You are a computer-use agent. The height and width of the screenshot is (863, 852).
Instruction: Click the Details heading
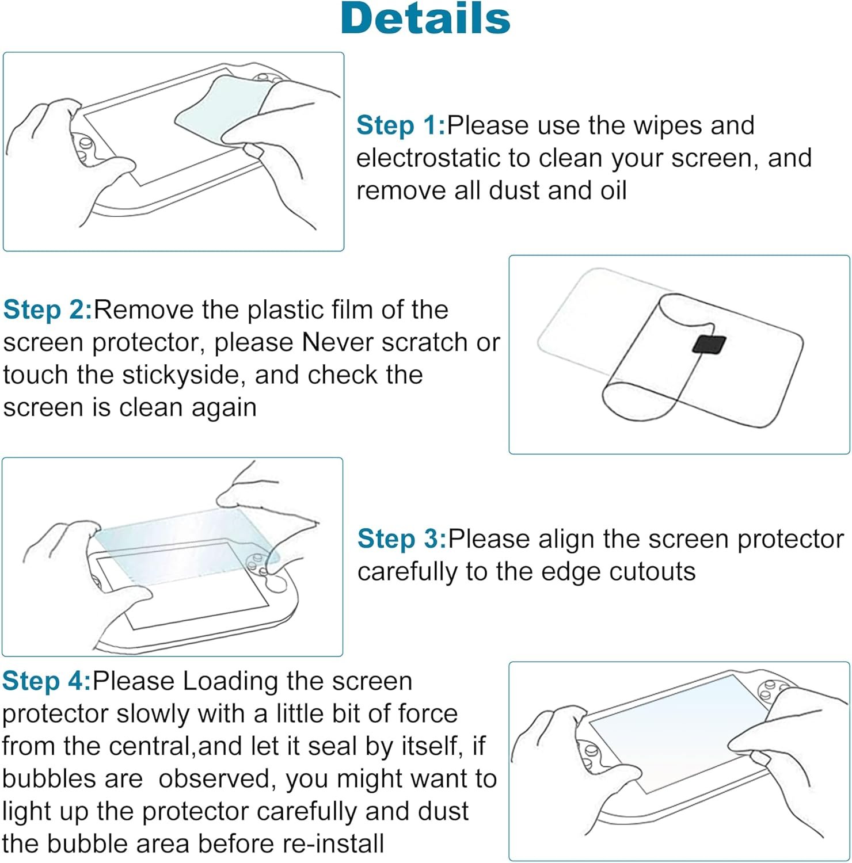tap(425, 18)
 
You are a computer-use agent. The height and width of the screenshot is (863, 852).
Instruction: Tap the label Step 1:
tap(401, 125)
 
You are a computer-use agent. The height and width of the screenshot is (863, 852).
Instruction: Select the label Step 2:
tap(48, 310)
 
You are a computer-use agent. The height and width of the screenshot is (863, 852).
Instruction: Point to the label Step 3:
tap(402, 539)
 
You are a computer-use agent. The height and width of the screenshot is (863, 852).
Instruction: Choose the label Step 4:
tap(47, 681)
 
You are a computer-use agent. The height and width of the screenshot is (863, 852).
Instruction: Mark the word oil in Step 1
tap(613, 190)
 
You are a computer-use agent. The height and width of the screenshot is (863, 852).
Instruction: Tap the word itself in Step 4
tap(425, 746)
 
